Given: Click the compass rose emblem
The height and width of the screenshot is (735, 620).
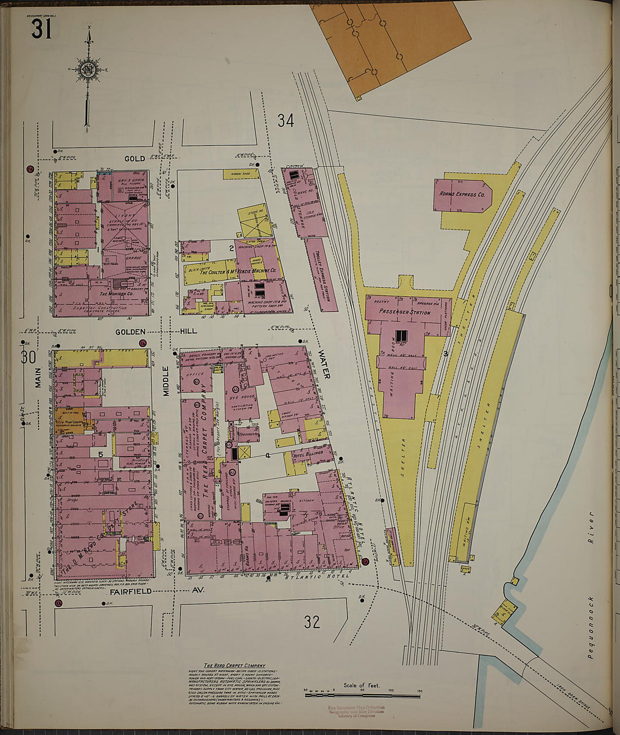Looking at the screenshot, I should coord(88,70).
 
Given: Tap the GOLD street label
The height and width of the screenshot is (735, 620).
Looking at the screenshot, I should coord(135,159).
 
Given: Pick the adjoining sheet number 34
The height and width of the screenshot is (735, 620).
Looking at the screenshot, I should coord(285,121).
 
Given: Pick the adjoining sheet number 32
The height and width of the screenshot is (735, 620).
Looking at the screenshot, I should coord(312,622).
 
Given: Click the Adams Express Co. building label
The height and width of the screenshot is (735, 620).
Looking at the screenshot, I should coord(462,194).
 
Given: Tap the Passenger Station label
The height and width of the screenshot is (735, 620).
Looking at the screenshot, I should coord(405,312).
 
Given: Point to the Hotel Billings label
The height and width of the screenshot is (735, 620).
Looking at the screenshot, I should coord(307,453).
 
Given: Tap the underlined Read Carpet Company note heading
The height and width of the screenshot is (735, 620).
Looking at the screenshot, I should coord(234,665).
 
